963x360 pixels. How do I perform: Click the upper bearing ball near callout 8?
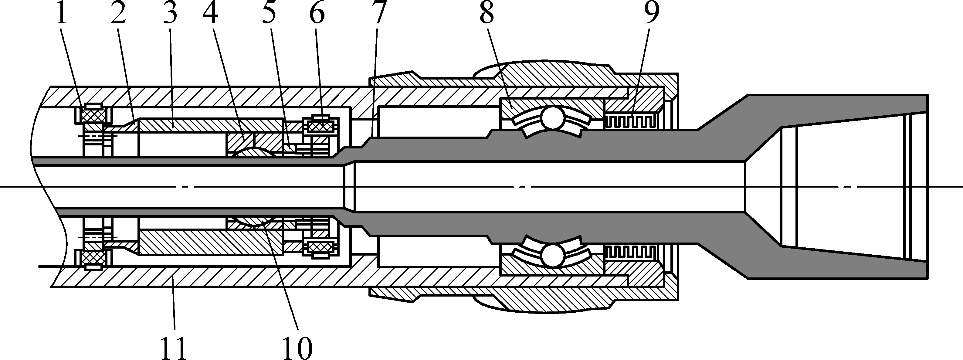coord(552,118)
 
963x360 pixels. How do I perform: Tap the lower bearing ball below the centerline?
coord(552,255)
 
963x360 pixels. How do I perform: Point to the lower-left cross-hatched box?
coord(93,258)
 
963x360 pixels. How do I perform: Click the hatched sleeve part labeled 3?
coord(209,124)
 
